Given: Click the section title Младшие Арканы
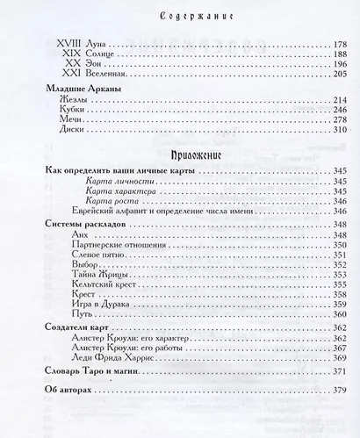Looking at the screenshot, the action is pos(83,113).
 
